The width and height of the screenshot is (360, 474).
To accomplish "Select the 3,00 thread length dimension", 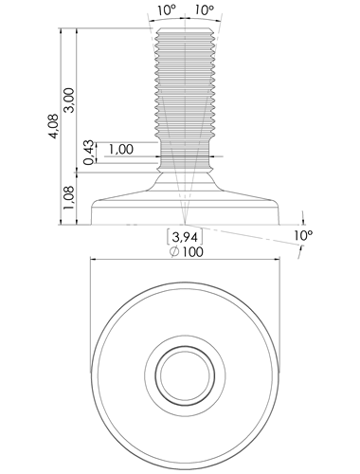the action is (x=68, y=100).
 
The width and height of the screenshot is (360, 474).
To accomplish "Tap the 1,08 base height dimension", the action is (x=68, y=197).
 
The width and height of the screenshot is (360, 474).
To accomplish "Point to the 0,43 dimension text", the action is (x=89, y=153).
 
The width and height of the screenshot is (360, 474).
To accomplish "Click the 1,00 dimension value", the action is (x=121, y=149).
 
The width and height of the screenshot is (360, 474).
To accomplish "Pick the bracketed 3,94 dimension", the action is (x=185, y=237).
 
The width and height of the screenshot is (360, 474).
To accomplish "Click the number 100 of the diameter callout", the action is (x=192, y=252).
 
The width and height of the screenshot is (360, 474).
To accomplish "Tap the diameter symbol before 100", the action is (x=174, y=252).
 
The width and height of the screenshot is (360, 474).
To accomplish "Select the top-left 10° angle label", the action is (x=167, y=10).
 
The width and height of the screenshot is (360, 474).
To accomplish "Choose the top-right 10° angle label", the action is (x=204, y=10).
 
